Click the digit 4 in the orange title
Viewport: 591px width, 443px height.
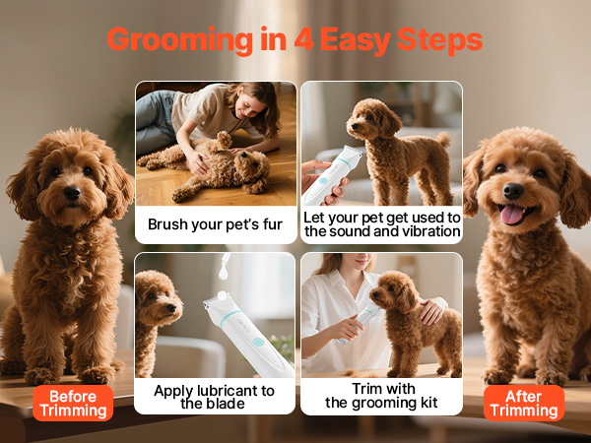pos(303,39)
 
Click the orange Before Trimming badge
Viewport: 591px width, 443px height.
pos(73,403)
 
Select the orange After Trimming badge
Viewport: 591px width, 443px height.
pos(524,403)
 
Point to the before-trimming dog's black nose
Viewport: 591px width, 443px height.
pos(72,193)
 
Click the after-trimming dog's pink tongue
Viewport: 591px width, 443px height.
pos(512,215)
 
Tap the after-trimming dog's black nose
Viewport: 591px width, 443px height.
pos(513,191)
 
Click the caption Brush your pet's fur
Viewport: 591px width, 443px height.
pos(215,224)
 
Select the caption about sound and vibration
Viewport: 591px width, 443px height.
pos(382,224)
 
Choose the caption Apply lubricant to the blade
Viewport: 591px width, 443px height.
pos(214,397)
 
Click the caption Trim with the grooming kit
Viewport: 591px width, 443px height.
pos(381,396)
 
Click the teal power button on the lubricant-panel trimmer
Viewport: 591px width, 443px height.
pos(258,342)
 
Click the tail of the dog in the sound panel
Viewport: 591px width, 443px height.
pos(444,139)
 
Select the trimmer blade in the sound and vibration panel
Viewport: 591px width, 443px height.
pos(352,153)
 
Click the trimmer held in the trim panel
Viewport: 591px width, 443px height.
pos(360,322)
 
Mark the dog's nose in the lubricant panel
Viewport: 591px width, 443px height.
pos(172,308)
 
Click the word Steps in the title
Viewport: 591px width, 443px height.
pos(440,41)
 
